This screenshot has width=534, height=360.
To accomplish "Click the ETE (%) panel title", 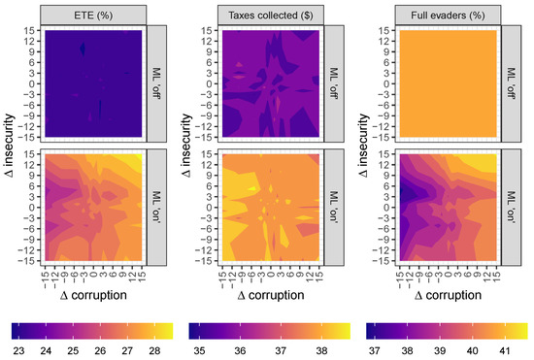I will click(x=94, y=15).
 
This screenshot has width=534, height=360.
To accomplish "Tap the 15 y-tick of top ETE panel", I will click(x=34, y=30).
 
